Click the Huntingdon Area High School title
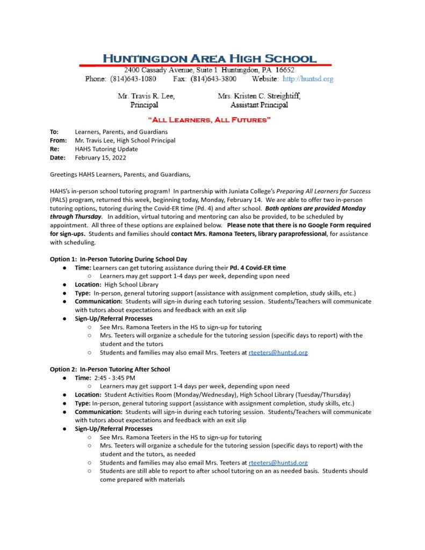coord(210,59)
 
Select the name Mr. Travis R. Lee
coord(146,96)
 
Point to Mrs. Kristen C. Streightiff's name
coord(259,96)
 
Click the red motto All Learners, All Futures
coord(210,120)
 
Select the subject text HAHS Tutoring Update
coord(106,149)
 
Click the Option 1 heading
coord(118,259)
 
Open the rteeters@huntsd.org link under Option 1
coord(278,352)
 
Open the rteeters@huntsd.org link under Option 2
coord(278,462)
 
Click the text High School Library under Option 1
coord(132,284)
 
